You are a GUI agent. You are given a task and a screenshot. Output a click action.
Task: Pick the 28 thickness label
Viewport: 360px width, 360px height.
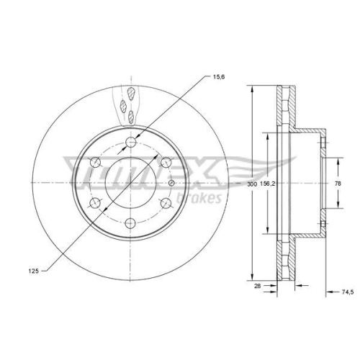click(258, 286)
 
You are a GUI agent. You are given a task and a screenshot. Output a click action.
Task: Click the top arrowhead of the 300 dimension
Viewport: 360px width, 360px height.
click(253, 89)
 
